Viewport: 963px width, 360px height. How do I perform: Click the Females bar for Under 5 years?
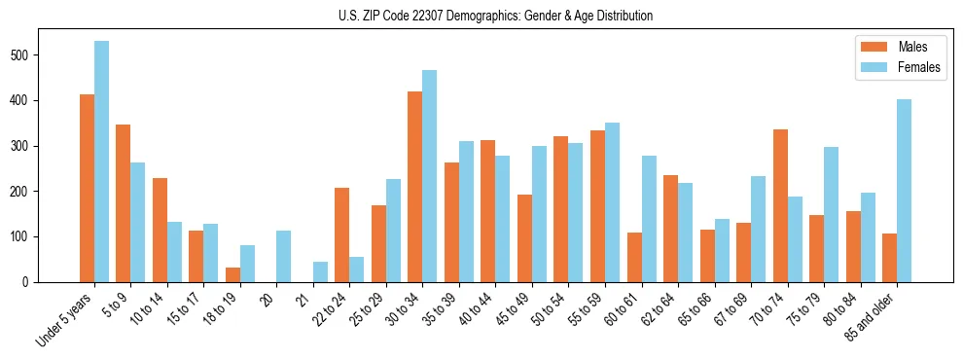[101, 162]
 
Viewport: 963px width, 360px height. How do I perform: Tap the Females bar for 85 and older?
[904, 191]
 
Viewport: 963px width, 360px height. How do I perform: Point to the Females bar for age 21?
[320, 271]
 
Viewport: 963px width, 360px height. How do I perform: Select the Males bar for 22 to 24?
[342, 234]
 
